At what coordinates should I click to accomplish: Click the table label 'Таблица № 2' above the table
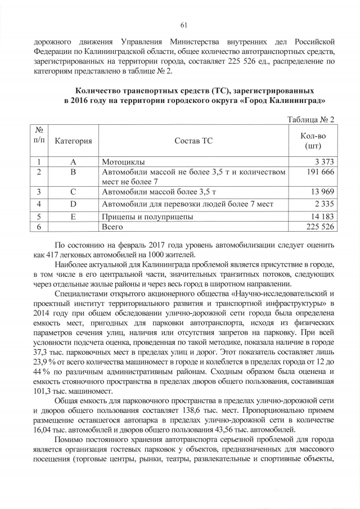tap(311, 120)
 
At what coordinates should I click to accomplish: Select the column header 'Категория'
tap(73, 141)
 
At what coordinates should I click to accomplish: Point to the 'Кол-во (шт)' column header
tap(312, 141)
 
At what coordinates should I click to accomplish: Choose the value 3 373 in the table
tap(323, 162)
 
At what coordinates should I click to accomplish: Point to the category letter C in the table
tap(73, 192)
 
